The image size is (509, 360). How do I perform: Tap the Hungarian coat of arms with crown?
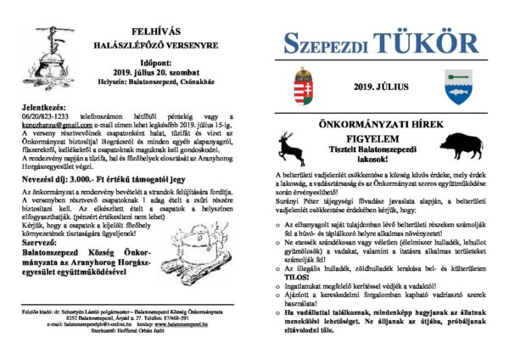(303, 86)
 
